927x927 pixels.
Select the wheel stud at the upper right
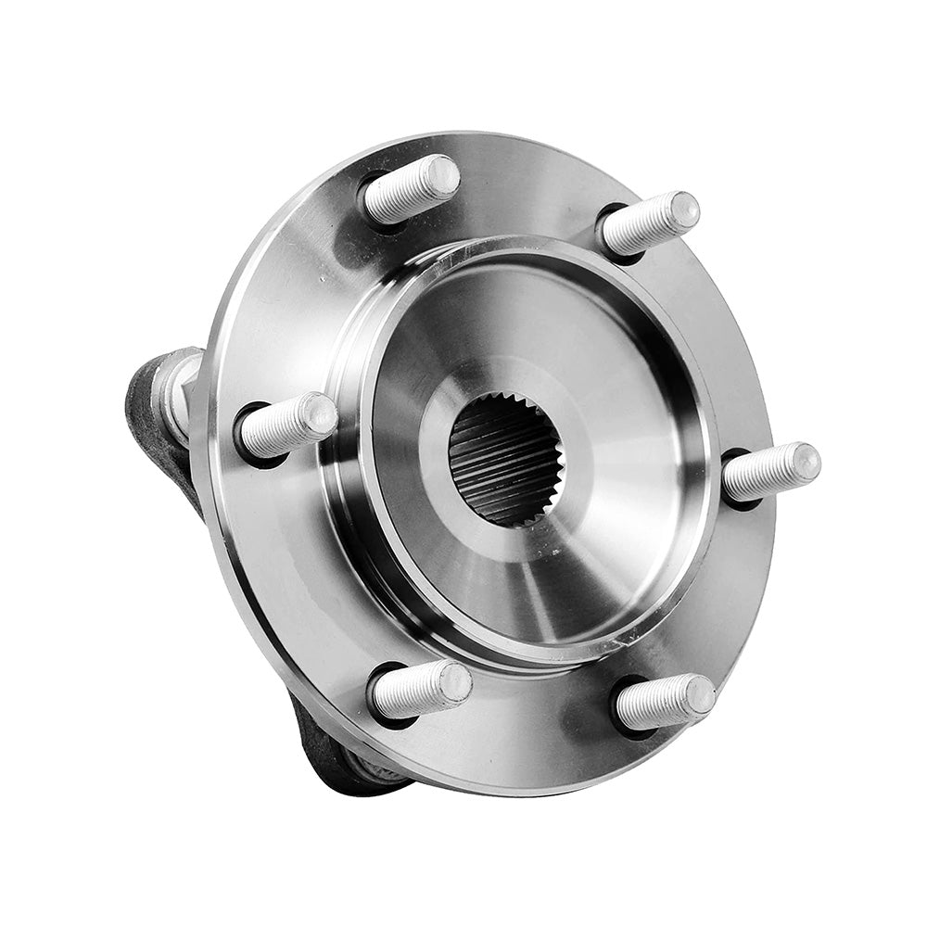(649, 222)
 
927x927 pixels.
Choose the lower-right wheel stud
(664, 702)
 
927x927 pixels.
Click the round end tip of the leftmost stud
(320, 413)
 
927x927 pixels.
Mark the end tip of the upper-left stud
(442, 174)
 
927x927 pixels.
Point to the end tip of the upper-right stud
(684, 210)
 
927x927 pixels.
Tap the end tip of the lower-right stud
(699, 694)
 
